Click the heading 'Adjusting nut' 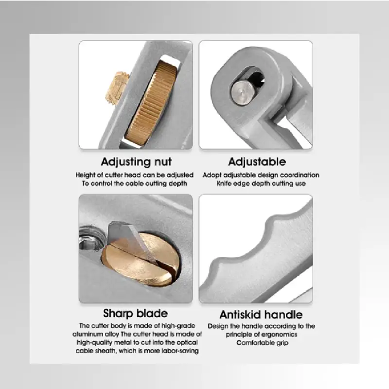(136, 162)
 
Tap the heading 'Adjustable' (257, 162)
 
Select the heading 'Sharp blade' (136, 314)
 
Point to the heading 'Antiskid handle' (261, 315)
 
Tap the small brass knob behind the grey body (117, 88)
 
